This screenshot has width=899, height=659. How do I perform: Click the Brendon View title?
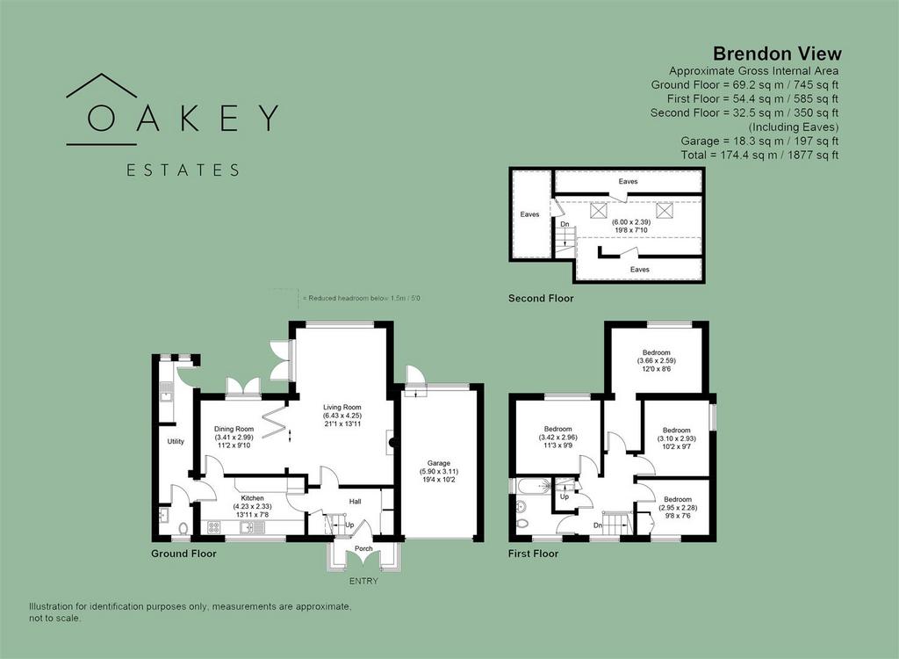click(x=777, y=54)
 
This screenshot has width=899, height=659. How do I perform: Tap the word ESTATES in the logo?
click(x=183, y=170)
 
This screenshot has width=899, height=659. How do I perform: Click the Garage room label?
click(x=439, y=463)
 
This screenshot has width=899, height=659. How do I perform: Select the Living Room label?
click(x=342, y=407)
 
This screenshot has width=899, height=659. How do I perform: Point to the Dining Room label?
click(x=234, y=429)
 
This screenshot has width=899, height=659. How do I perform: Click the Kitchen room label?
click(x=252, y=498)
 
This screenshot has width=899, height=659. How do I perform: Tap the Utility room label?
click(x=176, y=441)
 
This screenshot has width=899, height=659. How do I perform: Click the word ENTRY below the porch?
click(x=363, y=581)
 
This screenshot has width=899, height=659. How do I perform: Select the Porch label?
click(x=363, y=548)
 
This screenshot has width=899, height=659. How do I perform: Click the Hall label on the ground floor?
click(x=355, y=502)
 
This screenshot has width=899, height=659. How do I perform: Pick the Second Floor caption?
click(x=541, y=299)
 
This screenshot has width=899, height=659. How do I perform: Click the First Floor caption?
click(x=533, y=554)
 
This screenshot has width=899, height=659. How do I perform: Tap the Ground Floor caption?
click(x=183, y=554)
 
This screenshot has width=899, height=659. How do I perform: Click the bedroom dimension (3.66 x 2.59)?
click(x=657, y=361)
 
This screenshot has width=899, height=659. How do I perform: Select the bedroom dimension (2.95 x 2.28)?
click(x=678, y=508)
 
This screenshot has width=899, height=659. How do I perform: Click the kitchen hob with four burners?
click(x=214, y=527)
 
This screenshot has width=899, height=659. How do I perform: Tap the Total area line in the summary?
click(x=759, y=155)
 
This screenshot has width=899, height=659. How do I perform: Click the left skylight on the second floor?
click(x=598, y=211)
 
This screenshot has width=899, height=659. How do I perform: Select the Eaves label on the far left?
click(x=529, y=214)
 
